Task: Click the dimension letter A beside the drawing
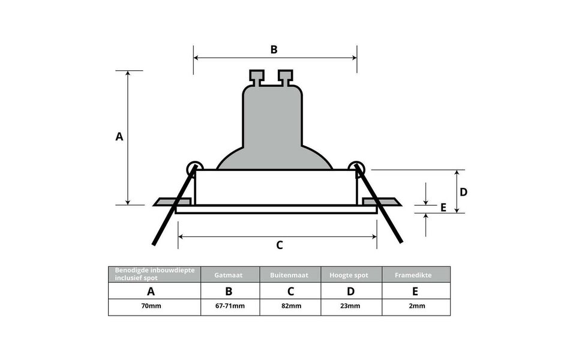tap(119, 137)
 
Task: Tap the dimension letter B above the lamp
tap(274, 50)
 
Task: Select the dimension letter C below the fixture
tap(279, 245)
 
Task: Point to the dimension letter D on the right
tap(463, 192)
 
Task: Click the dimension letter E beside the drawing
tap(443, 208)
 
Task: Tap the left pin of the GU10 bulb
tap(257, 77)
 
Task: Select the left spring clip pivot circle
tap(194, 168)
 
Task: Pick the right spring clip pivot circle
tap(356, 168)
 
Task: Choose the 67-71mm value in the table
tap(230, 306)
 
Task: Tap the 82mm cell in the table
tap(290, 306)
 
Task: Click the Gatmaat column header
tap(230, 275)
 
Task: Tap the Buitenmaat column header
tap(290, 275)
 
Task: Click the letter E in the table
tap(415, 292)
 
